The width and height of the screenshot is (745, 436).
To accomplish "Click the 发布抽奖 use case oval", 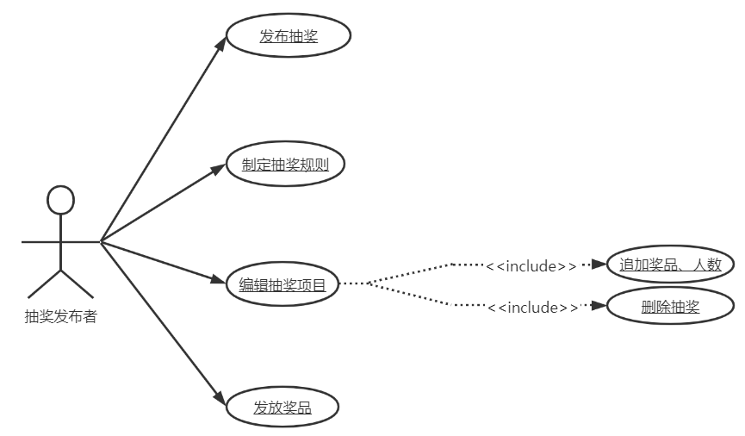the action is [x=289, y=36].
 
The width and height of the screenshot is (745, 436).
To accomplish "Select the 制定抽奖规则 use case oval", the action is [x=285, y=165].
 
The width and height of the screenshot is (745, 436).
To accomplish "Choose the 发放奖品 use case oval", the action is [x=282, y=408].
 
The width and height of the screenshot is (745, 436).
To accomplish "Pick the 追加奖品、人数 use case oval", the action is [x=670, y=265].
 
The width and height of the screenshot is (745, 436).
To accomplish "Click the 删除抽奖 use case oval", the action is [x=670, y=306].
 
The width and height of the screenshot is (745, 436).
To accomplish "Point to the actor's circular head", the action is [x=60, y=200].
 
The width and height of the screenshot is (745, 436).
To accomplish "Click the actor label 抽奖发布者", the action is [x=60, y=317].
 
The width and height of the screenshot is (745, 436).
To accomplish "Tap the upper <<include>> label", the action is [x=531, y=265].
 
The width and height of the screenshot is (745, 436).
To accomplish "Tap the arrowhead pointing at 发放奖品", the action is [x=219, y=398].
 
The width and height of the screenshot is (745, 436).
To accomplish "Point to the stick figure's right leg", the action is [x=77, y=283].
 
